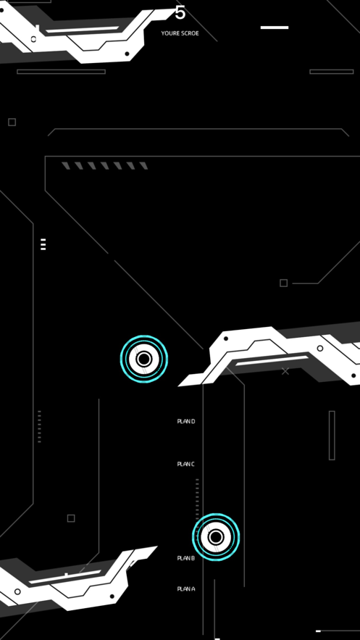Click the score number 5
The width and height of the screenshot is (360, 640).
(180, 12)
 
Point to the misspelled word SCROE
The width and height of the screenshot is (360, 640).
(190, 33)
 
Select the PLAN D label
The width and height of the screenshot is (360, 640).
(186, 421)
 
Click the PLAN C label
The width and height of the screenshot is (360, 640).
(186, 464)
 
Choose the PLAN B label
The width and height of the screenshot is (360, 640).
(186, 558)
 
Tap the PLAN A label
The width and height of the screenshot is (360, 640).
(186, 589)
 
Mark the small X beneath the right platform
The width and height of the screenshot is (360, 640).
(285, 371)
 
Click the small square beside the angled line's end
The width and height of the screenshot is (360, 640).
(284, 283)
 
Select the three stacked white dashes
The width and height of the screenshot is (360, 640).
(43, 244)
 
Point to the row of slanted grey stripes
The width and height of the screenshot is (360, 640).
(105, 166)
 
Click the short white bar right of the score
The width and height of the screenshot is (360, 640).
(275, 28)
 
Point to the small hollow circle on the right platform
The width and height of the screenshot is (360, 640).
(320, 348)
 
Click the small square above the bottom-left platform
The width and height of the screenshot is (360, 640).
(71, 518)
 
